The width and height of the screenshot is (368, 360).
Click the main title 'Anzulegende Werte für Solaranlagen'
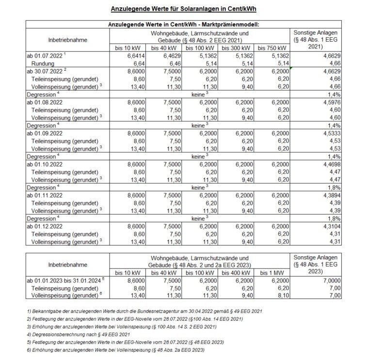pyautogui.click(x=184, y=9)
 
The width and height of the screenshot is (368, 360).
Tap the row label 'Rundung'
pyautogui.click(x=41, y=63)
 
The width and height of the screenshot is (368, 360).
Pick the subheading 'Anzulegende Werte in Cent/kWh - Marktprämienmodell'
pyautogui.click(x=184, y=24)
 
